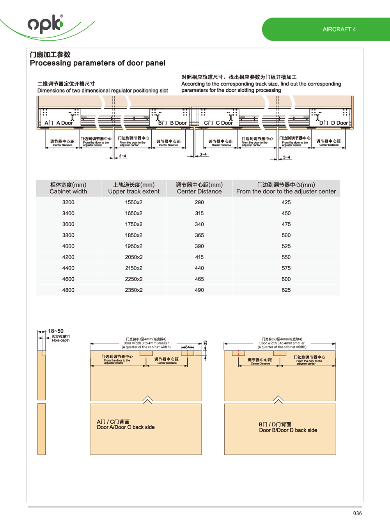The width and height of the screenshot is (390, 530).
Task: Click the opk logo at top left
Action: point(45,24)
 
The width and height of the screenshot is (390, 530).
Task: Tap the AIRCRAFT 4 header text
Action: point(339,29)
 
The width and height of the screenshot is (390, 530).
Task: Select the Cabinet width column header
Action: point(68,188)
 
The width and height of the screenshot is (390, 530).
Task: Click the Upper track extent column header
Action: point(134,188)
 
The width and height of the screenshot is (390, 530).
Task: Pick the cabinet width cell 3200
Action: point(68,202)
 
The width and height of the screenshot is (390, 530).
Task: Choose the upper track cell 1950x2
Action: point(134,246)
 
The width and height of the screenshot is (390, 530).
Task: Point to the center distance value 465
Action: point(199,279)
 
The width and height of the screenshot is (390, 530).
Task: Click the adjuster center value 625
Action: point(286,290)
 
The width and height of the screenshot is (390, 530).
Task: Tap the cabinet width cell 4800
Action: point(68,290)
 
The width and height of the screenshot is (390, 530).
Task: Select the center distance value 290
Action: point(199,202)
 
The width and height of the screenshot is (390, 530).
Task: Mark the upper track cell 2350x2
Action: point(134,290)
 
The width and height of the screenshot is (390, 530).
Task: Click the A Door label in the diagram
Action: point(59,123)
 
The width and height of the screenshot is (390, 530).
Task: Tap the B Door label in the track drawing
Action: point(172,123)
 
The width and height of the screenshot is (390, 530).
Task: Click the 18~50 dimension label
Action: point(56,331)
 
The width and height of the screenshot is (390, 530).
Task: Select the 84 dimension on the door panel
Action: point(187,347)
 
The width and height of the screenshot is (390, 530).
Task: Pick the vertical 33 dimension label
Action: point(205,343)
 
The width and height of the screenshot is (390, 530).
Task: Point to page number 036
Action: point(357,513)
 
